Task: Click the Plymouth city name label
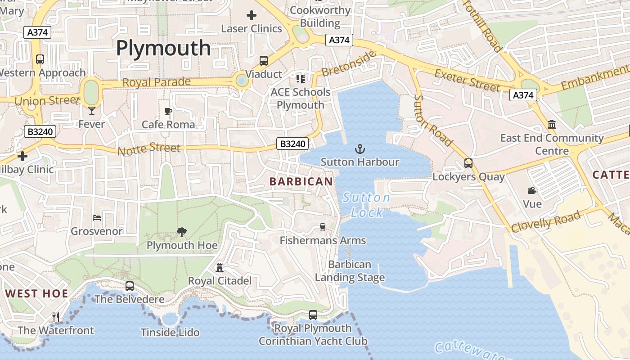163,48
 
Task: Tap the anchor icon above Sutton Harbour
360,149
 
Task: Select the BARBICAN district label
301,181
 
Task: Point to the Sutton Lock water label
366,205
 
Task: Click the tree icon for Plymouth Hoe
182,232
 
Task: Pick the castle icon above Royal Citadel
220,268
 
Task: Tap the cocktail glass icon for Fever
92,111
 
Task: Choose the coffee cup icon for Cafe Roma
168,111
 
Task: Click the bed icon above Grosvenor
97,218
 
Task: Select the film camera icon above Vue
532,191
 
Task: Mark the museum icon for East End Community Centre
552,124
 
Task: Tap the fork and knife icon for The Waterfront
56,317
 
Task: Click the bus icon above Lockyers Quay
468,163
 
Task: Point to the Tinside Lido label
170,333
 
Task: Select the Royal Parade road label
156,82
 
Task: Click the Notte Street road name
149,149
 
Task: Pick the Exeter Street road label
468,81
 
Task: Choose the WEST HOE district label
36,294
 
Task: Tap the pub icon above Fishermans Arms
322,227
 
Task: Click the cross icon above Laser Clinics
252,15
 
